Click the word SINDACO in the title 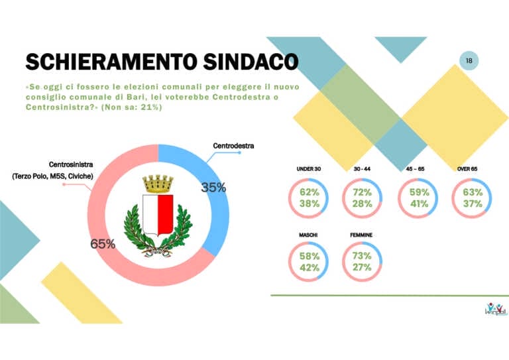[245, 61]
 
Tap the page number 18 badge [469, 61]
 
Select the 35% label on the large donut [213, 188]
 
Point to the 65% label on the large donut [103, 244]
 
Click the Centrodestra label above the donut [233, 145]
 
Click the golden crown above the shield [158, 184]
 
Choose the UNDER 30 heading [309, 170]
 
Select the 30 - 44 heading [362, 170]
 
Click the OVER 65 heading [467, 170]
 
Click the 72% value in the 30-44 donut [363, 192]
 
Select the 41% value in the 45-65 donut [418, 204]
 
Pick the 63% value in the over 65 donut [472, 192]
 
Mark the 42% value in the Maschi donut [309, 269]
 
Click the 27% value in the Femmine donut [363, 269]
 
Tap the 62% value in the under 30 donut [309, 192]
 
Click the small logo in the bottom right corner [494, 308]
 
